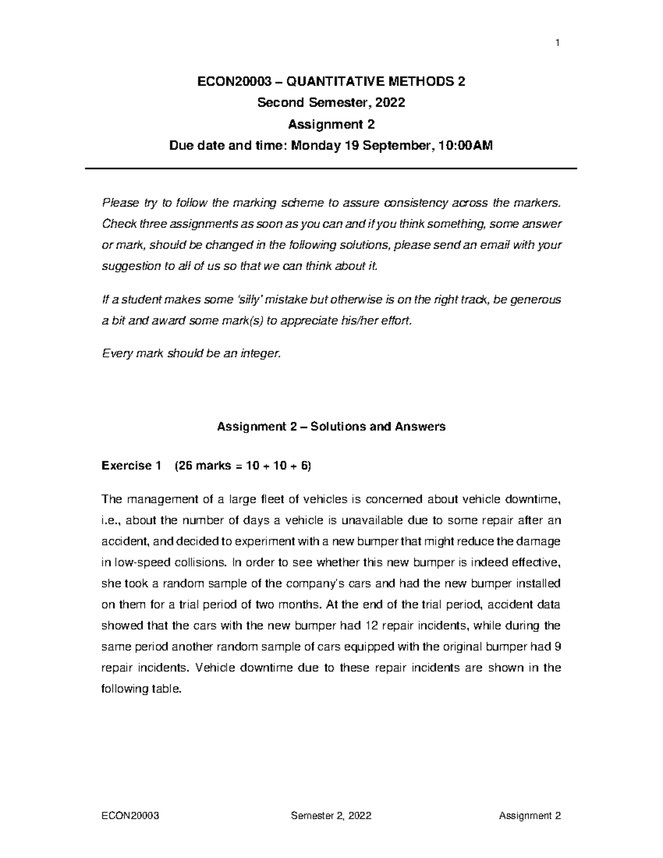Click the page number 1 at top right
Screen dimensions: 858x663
point(558,43)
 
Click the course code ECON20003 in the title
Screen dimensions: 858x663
point(234,82)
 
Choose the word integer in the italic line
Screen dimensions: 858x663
point(262,354)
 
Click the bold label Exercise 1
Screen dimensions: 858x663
point(131,466)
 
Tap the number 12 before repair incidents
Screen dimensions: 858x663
point(371,625)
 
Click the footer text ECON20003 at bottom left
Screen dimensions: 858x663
point(130,815)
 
